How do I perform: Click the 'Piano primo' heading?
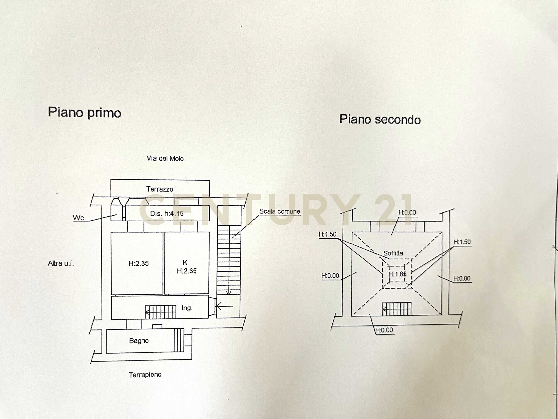click(x=85, y=112)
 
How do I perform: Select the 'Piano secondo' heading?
click(x=380, y=119)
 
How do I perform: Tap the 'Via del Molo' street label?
click(x=165, y=159)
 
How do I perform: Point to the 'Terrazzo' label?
click(x=160, y=189)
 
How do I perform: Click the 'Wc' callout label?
click(x=78, y=218)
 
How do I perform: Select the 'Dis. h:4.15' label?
click(x=167, y=214)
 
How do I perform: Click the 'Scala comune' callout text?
click(x=279, y=211)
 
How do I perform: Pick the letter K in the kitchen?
click(x=185, y=263)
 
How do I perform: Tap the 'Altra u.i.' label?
click(x=61, y=263)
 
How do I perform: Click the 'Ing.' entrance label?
click(x=187, y=308)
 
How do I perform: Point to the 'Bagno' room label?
click(x=139, y=341)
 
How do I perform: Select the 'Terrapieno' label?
click(x=145, y=375)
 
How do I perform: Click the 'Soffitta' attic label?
click(x=393, y=253)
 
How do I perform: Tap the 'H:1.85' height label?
click(x=398, y=274)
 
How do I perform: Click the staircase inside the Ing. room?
click(x=160, y=312)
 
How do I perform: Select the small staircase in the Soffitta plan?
click(x=397, y=309)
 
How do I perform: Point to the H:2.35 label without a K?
click(x=138, y=263)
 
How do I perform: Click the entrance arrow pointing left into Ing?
click(x=224, y=306)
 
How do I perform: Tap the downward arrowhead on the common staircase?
click(x=229, y=293)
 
